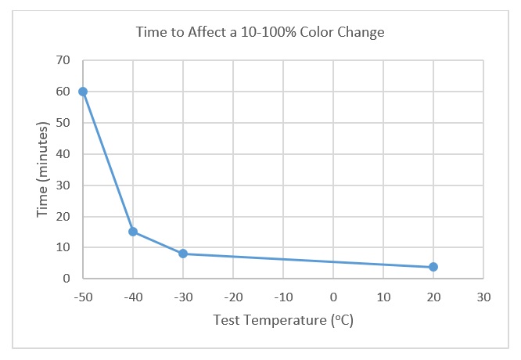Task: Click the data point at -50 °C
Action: [83, 92]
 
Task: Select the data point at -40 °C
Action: [133, 232]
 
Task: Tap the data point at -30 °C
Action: [183, 254]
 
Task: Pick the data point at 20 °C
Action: [433, 267]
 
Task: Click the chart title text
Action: [260, 32]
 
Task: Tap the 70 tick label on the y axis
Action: [64, 60]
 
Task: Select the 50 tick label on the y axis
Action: [64, 123]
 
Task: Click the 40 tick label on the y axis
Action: [64, 154]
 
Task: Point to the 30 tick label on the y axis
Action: [64, 185]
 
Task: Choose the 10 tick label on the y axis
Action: [64, 247]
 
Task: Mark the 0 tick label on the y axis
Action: [67, 279]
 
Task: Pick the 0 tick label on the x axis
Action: [333, 297]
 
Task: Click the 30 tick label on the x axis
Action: [483, 297]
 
